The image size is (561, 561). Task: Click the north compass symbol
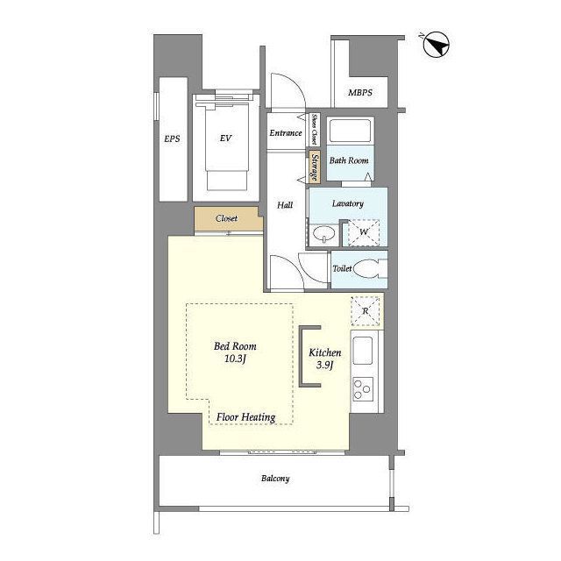[436, 45]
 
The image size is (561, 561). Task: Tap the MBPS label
[360, 93]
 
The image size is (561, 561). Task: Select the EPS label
[172, 138]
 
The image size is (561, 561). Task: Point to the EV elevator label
[226, 138]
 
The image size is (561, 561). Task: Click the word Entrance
[286, 133]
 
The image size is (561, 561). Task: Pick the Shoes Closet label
[314, 129]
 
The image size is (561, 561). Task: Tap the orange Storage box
[315, 167]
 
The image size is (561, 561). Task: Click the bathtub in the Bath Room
[350, 131]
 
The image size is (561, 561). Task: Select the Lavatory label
[348, 203]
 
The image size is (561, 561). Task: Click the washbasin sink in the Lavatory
[324, 234]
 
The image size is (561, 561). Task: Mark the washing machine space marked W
[364, 232]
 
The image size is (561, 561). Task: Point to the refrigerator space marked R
[365, 311]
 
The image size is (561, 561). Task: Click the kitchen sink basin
[362, 351]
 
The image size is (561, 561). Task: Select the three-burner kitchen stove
[363, 389]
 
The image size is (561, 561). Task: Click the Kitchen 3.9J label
[325, 359]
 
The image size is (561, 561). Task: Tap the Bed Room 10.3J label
[235, 352]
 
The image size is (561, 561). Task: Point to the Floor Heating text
[245, 417]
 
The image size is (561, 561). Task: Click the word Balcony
[275, 479]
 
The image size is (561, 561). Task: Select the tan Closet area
[228, 218]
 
